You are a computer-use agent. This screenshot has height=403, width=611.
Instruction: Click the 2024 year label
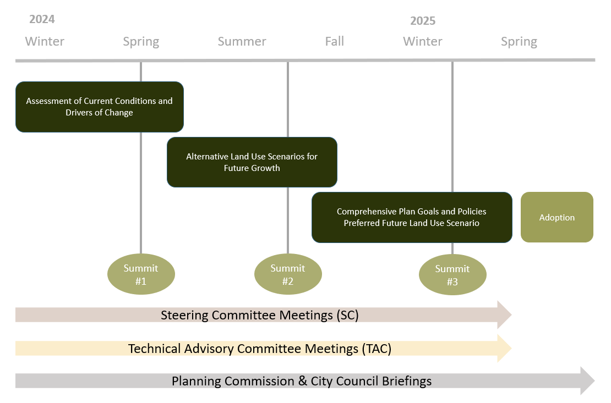42,19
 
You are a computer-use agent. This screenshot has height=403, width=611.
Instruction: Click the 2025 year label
423,21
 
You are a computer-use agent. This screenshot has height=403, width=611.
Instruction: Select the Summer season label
242,41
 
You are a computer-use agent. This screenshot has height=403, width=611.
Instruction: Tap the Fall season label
334,41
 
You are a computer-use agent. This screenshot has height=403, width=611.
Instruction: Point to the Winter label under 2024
45,41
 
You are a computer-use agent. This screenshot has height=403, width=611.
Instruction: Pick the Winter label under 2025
423,41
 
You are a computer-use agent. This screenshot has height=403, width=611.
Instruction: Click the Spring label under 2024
141,41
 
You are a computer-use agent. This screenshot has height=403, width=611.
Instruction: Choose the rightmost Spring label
519,41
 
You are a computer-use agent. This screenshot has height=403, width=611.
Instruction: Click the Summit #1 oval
141,274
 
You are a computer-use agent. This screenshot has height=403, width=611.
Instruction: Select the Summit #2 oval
288,274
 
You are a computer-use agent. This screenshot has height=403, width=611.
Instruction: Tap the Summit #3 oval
452,275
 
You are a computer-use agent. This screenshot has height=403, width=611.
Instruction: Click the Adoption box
557,217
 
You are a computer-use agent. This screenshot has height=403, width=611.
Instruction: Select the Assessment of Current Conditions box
99,107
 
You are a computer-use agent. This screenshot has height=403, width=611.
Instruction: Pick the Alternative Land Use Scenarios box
252,162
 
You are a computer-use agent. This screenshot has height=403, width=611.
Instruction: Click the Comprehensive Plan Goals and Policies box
412,217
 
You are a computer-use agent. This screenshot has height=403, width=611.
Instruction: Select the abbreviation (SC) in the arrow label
347,316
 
